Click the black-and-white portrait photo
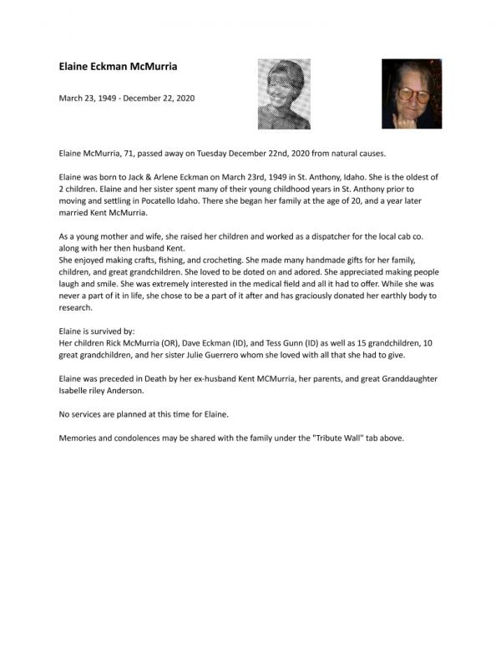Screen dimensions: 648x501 [284, 94]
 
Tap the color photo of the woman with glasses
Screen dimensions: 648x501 [412, 94]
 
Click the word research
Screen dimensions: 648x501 [76, 307]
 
